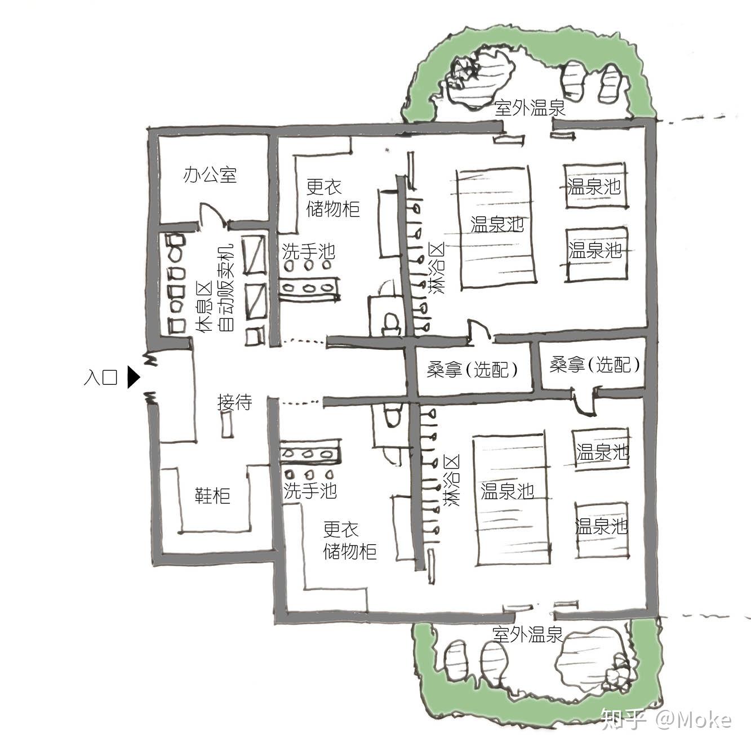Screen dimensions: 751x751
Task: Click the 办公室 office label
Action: [x=210, y=175]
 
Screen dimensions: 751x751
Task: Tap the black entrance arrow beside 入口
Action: [x=133, y=377]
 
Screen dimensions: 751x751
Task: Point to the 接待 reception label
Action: [x=234, y=402]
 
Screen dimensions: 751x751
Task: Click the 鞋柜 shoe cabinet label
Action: [x=212, y=496]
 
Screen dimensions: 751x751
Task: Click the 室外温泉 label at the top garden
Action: [x=530, y=108]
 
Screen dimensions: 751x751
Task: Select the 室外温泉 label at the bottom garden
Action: [x=527, y=635]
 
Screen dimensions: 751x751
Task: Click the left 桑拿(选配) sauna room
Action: [x=472, y=370]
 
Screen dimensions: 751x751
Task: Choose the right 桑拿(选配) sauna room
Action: [x=594, y=365]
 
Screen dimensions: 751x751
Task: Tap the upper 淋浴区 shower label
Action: [x=436, y=268]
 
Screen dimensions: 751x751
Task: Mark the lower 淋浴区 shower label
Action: [x=451, y=480]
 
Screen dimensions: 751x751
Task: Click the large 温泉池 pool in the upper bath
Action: [x=497, y=225]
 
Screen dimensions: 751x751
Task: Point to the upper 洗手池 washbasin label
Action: [x=308, y=251]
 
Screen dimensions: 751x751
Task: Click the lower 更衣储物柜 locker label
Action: [x=349, y=540]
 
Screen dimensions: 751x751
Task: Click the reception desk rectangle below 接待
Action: [x=228, y=424]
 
